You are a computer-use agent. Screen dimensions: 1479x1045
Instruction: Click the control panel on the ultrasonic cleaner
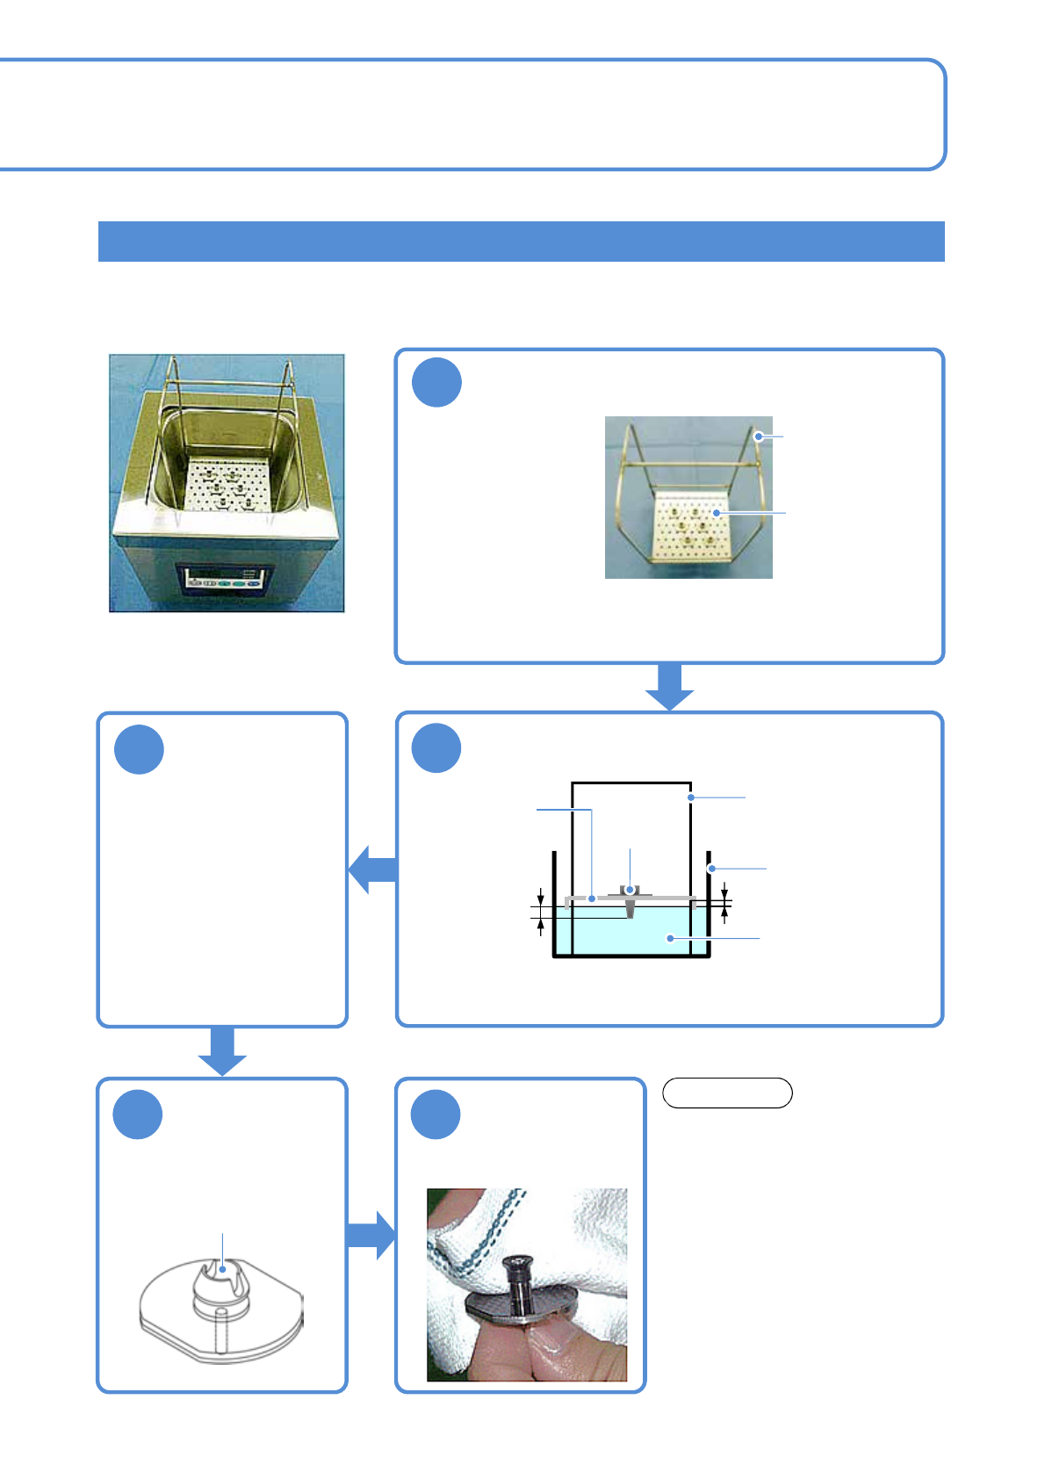click(226, 578)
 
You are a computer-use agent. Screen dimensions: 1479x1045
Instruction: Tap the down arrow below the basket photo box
click(669, 686)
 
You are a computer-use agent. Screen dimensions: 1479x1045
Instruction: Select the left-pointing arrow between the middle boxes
click(373, 869)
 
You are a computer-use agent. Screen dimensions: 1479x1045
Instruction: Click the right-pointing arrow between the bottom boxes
click(371, 1235)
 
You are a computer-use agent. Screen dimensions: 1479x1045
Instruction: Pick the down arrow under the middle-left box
click(222, 1050)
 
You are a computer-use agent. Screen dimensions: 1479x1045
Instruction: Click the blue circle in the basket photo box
click(436, 382)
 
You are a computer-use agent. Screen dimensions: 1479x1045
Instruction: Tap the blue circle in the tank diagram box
click(436, 747)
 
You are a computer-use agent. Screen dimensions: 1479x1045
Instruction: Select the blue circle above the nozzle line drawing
click(138, 1114)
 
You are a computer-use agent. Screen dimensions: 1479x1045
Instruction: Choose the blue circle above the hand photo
click(436, 1114)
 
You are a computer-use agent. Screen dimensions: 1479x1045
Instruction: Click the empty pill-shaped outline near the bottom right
click(727, 1093)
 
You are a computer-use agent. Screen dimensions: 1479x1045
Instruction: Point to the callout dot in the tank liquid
click(670, 938)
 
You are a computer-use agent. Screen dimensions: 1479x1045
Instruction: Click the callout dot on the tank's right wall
click(711, 869)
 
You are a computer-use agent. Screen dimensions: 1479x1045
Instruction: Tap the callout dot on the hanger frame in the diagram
click(691, 797)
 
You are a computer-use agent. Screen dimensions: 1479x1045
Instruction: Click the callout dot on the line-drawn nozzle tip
click(223, 1268)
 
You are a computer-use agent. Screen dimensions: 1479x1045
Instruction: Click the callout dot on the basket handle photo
click(758, 436)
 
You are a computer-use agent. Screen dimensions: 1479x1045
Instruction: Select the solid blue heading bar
click(521, 242)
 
